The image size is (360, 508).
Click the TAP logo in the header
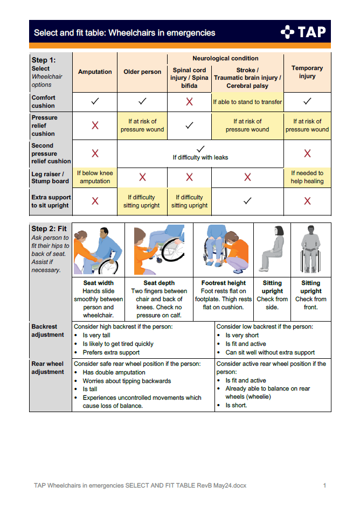coord(303,32)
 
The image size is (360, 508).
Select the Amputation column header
coord(95,72)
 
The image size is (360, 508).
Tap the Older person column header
coord(142,72)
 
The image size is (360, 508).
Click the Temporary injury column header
coord(307,72)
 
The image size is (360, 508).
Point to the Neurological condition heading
coord(225,58)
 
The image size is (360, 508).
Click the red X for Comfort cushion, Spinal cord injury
coord(189,101)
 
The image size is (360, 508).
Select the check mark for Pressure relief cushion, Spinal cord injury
coord(189,125)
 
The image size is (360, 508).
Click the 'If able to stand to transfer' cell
coord(247,102)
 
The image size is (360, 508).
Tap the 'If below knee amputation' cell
coord(95,177)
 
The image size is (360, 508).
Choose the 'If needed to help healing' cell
coord(307,177)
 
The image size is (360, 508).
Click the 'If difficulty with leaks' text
coord(200,157)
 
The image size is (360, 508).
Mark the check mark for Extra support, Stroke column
coord(247,201)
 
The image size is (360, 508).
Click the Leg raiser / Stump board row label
coord(50,177)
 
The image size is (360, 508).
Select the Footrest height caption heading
coord(223,283)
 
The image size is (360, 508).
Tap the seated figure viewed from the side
coord(273,249)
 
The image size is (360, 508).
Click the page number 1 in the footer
coord(324,485)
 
